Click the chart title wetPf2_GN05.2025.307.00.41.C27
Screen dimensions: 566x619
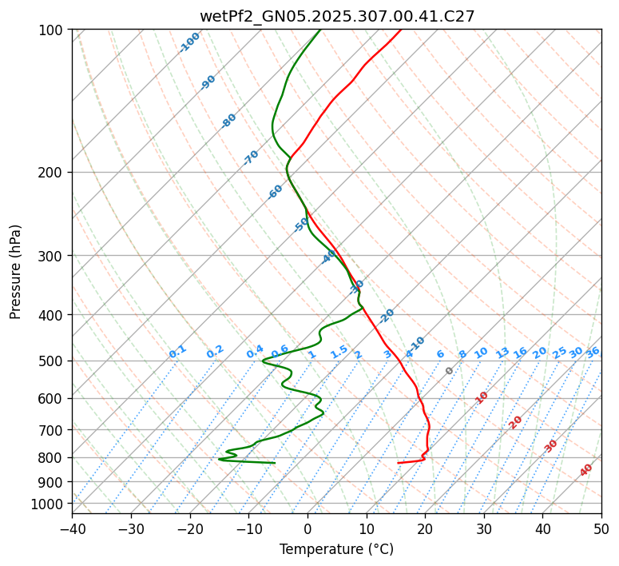[337, 16]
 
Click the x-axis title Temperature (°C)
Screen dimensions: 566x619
[336, 549]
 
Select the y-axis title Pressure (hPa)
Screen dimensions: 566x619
[16, 272]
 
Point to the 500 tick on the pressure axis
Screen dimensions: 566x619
[53, 361]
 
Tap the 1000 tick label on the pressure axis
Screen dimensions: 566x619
[50, 504]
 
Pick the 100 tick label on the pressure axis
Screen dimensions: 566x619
[53, 30]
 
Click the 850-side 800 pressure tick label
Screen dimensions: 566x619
[53, 458]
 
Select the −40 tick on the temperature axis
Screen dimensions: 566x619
[72, 528]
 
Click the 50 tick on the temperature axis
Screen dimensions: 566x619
[601, 528]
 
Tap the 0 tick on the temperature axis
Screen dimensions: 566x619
[308, 528]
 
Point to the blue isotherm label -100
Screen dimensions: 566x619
[190, 42]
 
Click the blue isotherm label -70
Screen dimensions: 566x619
[252, 157]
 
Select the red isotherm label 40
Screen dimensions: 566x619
[586, 470]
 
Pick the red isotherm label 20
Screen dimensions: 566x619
[516, 421]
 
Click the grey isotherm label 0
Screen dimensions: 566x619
[450, 371]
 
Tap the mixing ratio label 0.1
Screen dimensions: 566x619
[177, 351]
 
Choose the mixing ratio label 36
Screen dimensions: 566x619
[593, 352]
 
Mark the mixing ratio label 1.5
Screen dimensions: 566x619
[339, 351]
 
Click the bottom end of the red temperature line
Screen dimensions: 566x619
[398, 463]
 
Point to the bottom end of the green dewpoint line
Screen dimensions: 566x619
[275, 463]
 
